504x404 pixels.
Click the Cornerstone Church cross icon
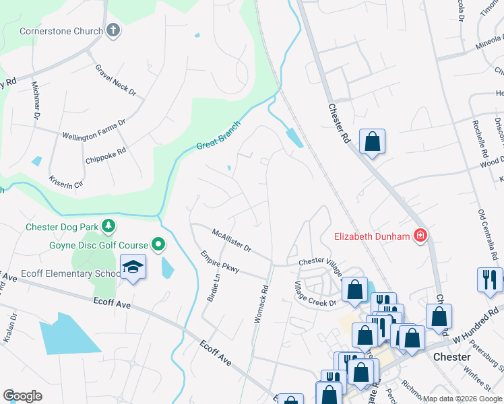click(113, 30)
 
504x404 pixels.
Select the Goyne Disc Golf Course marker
click(159, 243)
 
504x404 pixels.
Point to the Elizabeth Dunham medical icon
click(420, 236)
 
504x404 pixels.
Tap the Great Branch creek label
click(218, 136)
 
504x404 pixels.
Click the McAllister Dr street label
click(231, 240)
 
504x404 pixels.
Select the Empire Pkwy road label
click(220, 261)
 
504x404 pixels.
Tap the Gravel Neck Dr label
click(116, 80)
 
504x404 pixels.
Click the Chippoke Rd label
click(106, 156)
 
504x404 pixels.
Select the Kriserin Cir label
click(65, 182)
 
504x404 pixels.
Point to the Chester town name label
click(451, 357)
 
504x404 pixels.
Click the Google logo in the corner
click(22, 395)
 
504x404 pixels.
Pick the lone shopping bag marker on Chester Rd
click(372, 141)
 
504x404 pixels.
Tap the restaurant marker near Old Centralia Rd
click(489, 279)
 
